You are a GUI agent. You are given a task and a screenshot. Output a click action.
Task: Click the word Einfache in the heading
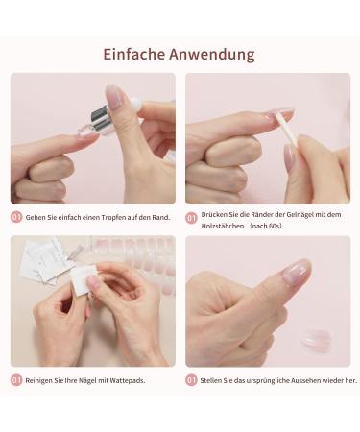click(x=134, y=54)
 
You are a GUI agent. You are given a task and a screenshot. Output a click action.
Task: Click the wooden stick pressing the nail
click(x=287, y=133)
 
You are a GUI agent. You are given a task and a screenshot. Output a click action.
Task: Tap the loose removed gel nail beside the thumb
click(x=317, y=341)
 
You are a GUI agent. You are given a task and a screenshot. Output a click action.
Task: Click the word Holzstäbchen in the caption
click(x=221, y=226)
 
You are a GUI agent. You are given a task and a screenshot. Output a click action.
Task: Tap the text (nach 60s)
click(x=266, y=226)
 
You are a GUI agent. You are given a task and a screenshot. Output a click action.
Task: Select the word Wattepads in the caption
click(x=128, y=380)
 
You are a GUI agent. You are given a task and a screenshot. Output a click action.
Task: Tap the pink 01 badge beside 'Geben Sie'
click(x=16, y=217)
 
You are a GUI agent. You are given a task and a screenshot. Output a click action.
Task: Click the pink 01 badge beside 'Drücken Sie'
click(x=191, y=218)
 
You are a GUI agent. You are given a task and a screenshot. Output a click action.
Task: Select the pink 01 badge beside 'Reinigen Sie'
click(x=16, y=380)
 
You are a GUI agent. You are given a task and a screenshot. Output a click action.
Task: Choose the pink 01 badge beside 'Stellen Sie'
click(x=191, y=380)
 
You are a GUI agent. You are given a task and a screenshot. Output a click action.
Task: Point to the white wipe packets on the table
click(x=46, y=259)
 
